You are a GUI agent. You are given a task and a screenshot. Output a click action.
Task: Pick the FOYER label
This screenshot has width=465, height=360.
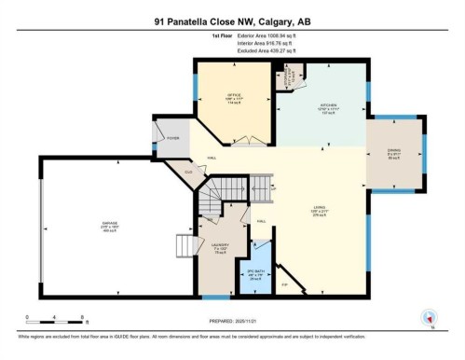point(172,138)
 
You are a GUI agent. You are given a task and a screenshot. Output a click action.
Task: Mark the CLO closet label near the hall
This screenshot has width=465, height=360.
point(189,173)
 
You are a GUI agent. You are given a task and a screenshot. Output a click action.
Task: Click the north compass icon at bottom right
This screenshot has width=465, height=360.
point(430,317)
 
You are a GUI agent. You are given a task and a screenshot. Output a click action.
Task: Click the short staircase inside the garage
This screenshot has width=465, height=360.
point(189,246)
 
